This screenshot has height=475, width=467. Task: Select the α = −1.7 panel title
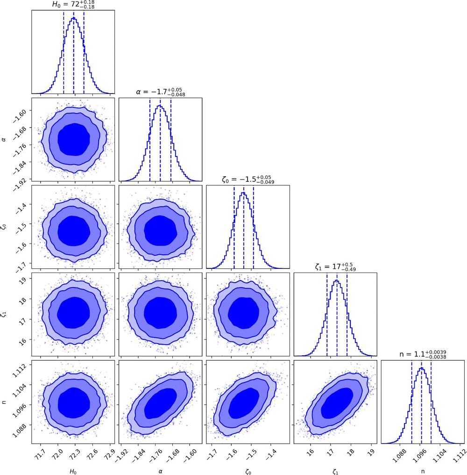click(160, 92)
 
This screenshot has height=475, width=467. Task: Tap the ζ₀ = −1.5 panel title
click(248, 179)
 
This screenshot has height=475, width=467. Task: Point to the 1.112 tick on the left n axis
click(19, 365)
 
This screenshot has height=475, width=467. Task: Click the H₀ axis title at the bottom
click(73, 468)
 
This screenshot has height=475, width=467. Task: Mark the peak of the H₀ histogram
click(73, 18)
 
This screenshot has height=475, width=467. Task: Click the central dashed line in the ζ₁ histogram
click(337, 318)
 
